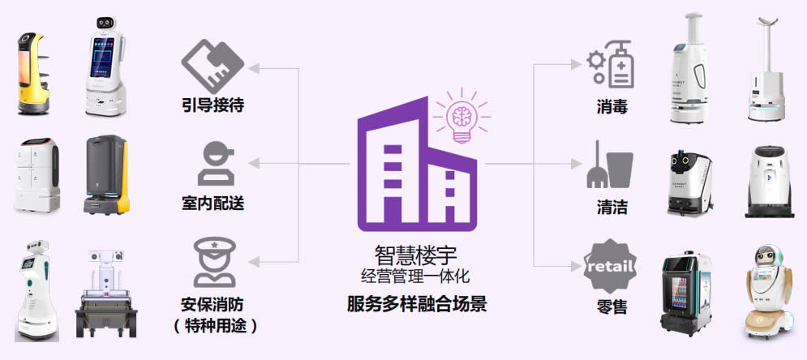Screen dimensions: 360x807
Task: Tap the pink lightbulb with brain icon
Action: coord(461,117)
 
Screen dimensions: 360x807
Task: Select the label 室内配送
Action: coord(213,203)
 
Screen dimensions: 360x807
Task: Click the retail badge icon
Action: coord(611,265)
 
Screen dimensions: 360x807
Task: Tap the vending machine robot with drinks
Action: coord(686,296)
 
